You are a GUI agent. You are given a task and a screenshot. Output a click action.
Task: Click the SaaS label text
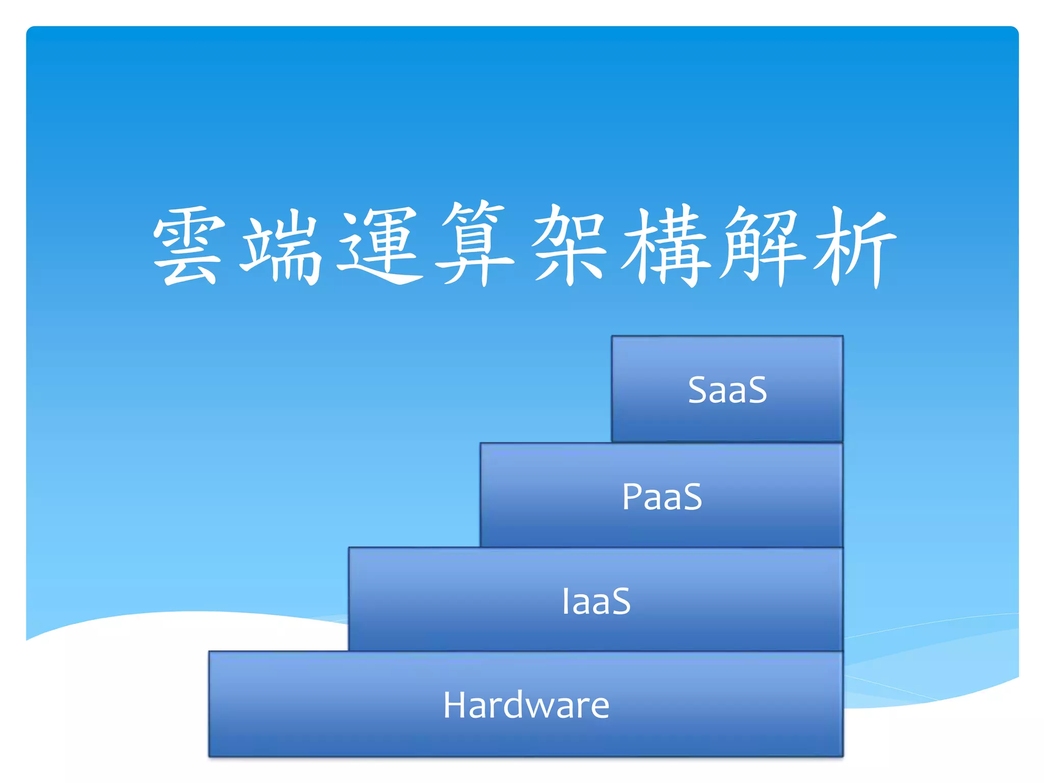click(727, 390)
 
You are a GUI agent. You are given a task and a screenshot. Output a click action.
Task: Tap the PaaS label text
click(662, 497)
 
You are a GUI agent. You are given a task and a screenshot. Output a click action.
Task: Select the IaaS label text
click(596, 601)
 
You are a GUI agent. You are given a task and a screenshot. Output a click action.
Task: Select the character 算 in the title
click(474, 244)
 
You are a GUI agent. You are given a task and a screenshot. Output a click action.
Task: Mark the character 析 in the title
click(854, 247)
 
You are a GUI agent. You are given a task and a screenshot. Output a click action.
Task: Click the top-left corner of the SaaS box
click(612, 336)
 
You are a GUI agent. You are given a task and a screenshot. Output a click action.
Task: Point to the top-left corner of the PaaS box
click(481, 443)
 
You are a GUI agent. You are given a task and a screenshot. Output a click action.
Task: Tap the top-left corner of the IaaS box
click(349, 548)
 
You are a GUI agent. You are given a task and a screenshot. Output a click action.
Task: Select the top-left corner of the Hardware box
click(209, 652)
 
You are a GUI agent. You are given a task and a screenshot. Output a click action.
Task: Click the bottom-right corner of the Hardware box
click(843, 756)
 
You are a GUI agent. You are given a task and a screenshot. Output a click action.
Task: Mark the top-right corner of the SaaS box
click(843, 336)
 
